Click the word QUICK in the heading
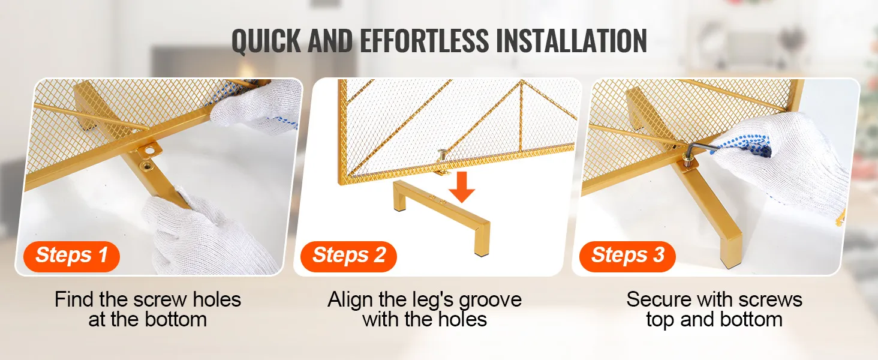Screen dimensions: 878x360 click(x=266, y=41)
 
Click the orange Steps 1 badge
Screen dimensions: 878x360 click(x=72, y=256)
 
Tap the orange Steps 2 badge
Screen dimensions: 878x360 click(x=348, y=256)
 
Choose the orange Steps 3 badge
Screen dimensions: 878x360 click(x=627, y=256)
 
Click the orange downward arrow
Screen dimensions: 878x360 click(x=462, y=187)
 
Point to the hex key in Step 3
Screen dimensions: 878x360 click(x=702, y=149)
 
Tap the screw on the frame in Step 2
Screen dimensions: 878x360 click(x=443, y=155)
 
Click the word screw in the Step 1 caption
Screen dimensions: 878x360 click(x=160, y=300)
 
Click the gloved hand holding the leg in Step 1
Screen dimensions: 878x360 click(x=204, y=234)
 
